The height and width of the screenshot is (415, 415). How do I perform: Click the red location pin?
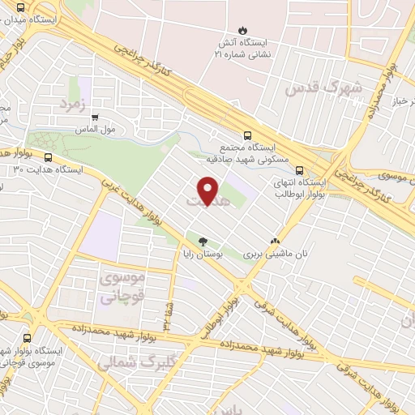tap(208, 191)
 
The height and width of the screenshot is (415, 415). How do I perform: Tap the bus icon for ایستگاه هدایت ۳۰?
tap(49, 158)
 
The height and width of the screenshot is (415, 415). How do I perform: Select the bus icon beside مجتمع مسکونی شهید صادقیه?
tap(248, 137)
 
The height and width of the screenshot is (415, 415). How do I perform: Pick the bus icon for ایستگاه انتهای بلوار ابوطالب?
tap(300, 171)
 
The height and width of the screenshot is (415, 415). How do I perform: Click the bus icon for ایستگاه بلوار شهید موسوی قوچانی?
tap(28, 339)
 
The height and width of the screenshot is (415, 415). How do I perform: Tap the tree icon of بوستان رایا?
tap(203, 241)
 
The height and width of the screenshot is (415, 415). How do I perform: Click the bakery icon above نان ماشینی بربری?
tap(275, 241)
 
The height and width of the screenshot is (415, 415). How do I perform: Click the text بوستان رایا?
tap(201, 254)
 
